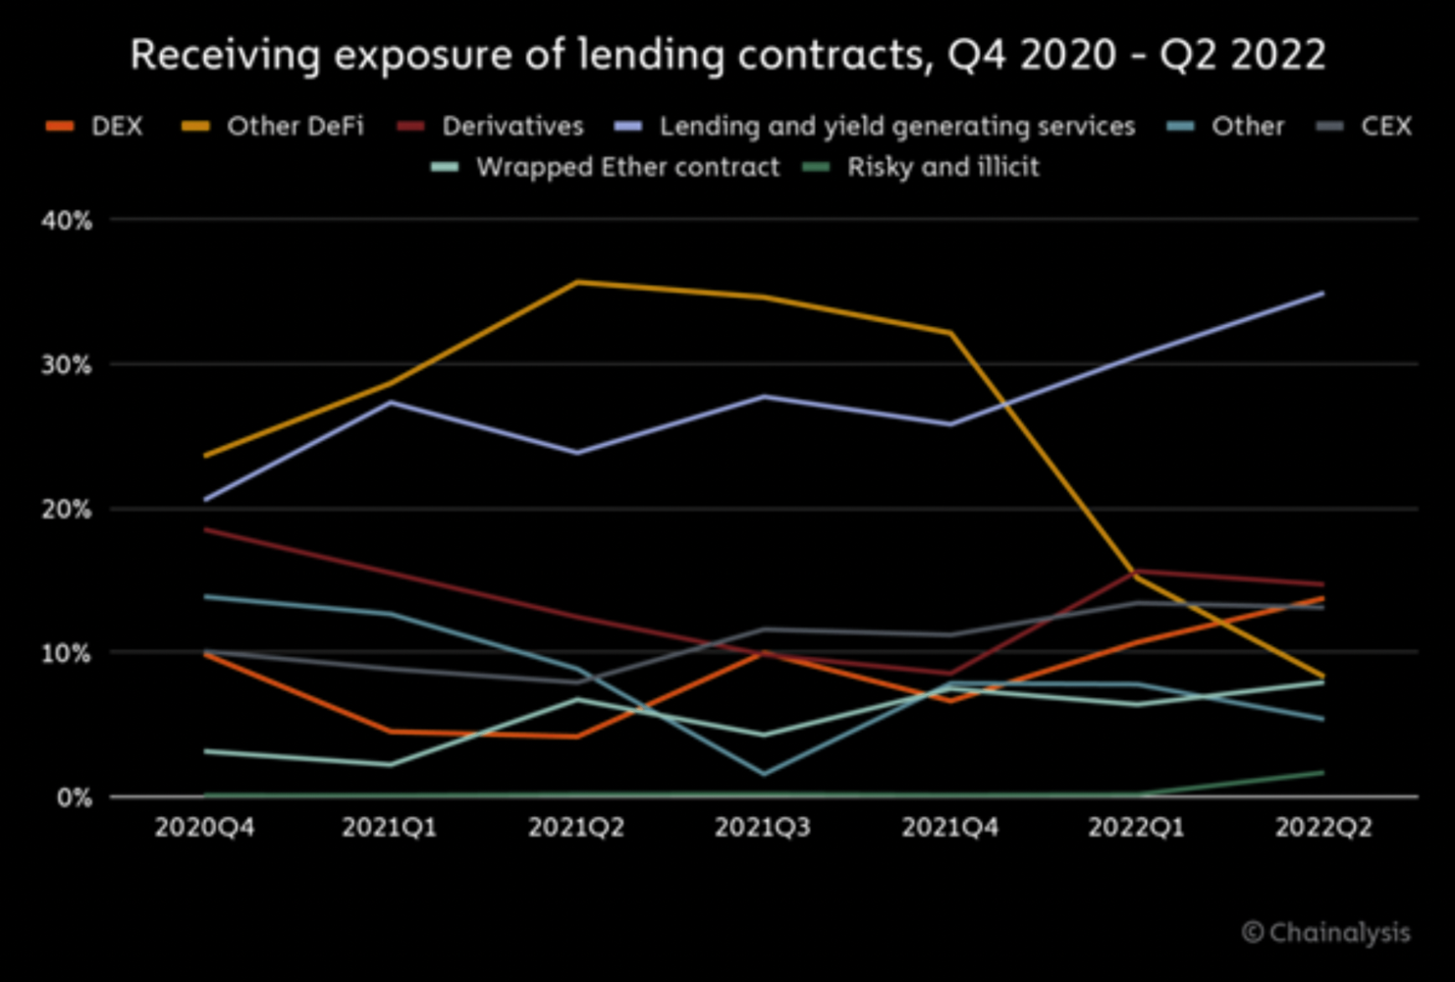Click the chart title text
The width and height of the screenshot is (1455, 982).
click(x=727, y=55)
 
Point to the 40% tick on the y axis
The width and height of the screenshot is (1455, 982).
click(x=67, y=221)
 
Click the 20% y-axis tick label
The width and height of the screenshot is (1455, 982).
click(x=67, y=510)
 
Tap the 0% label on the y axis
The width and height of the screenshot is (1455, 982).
click(x=74, y=797)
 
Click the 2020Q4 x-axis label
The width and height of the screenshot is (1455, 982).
click(x=204, y=828)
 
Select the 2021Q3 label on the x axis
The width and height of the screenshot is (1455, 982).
click(x=763, y=828)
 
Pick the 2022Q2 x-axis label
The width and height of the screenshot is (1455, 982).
click(x=1322, y=828)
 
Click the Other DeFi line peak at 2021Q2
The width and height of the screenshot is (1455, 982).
click(x=577, y=283)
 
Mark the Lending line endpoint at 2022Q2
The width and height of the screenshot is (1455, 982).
click(x=1322, y=294)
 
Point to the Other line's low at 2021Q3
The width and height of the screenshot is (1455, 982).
click(x=764, y=774)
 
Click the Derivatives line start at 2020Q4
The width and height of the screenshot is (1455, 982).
click(x=205, y=530)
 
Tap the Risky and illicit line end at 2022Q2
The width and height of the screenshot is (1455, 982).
click(x=1322, y=773)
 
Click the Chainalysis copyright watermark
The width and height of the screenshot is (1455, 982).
click(x=1326, y=932)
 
